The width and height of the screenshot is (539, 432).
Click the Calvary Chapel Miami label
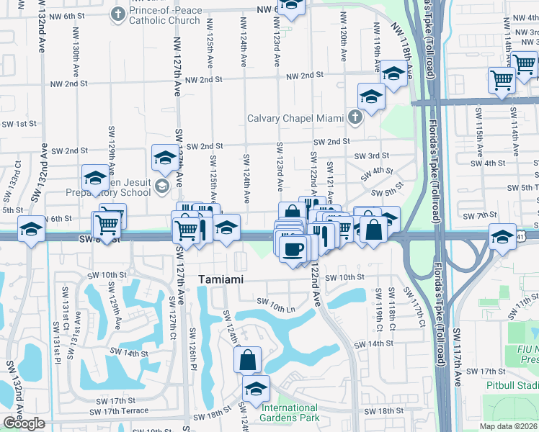coord(295,118)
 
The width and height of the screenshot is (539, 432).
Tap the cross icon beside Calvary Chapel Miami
coord(354,117)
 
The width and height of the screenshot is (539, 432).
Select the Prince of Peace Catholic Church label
coord(164,15)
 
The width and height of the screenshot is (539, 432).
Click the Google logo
coord(24,423)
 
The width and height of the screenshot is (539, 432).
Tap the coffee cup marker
coord(293,249)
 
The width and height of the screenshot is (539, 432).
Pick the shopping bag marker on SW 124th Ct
coord(247,359)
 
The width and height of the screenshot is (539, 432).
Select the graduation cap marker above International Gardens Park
coord(255,389)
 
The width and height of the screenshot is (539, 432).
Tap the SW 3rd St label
coord(371,156)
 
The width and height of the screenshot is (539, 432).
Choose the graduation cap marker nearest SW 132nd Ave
coord(31,230)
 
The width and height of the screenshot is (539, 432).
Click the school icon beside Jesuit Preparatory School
coord(161,189)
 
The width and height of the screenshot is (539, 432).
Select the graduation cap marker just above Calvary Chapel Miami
coord(371,96)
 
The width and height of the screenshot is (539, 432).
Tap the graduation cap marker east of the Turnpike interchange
coord(502,236)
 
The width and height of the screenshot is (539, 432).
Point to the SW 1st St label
coord(19,124)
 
